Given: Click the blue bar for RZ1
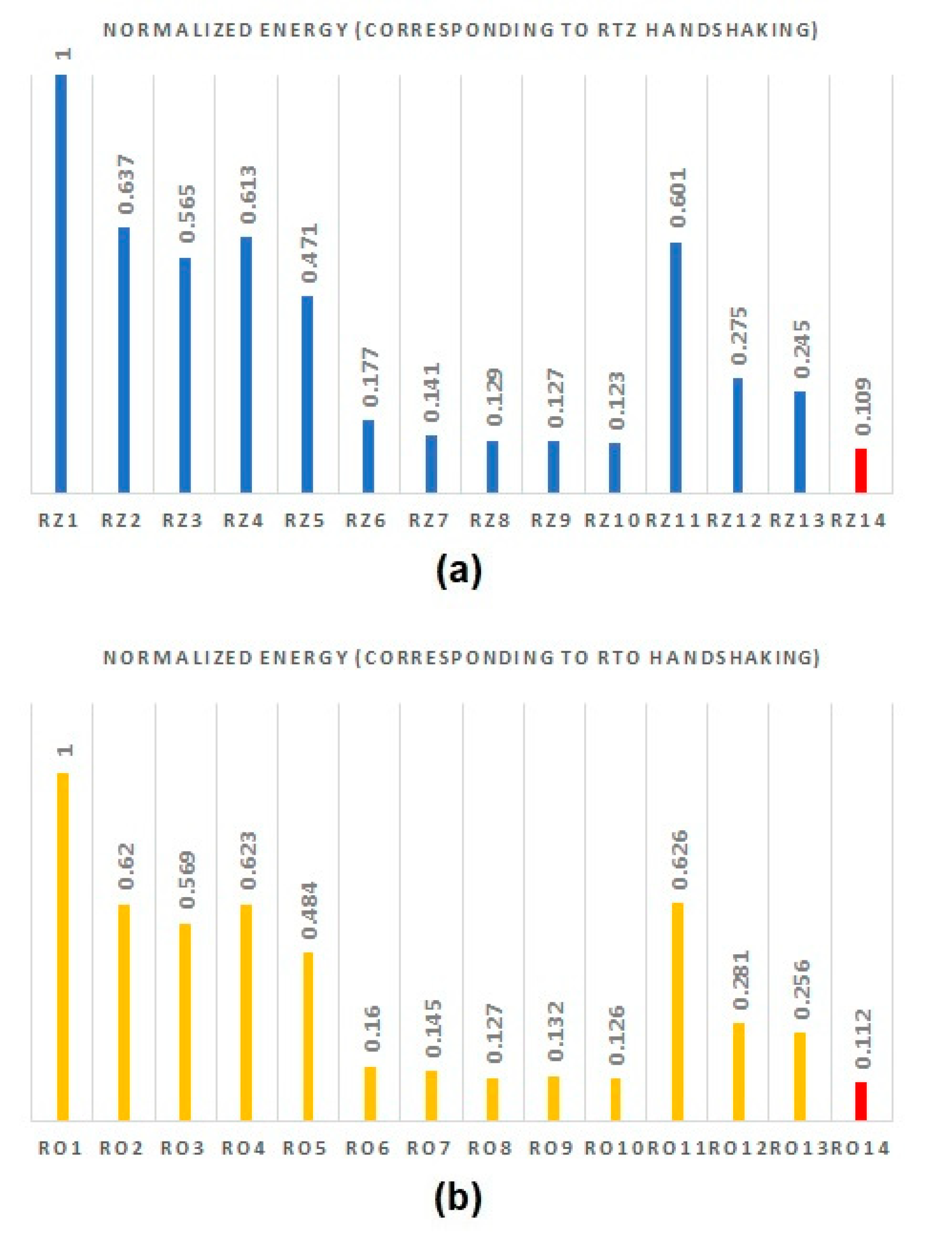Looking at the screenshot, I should (x=61, y=283).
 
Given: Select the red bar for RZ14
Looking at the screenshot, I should (x=860, y=470).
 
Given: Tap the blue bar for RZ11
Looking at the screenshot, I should (x=676, y=367).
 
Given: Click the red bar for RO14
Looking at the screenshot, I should (x=860, y=1101).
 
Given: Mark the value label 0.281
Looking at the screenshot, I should (x=741, y=980).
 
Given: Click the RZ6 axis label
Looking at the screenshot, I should (x=366, y=520).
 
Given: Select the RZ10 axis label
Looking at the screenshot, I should (x=613, y=520).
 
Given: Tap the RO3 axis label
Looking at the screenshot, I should (x=181, y=1148).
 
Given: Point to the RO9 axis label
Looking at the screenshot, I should (x=551, y=1148).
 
